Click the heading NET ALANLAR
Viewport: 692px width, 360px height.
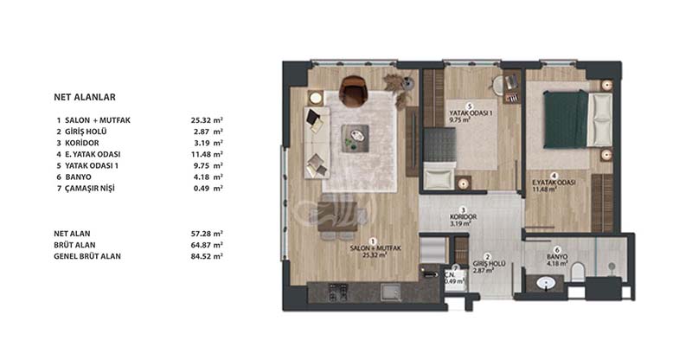tap(85, 97)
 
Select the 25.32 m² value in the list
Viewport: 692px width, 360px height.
tap(207, 120)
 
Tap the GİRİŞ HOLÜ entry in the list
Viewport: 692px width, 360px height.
tap(86, 132)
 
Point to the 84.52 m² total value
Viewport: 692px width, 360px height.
tap(207, 256)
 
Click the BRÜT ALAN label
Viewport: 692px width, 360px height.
tap(74, 245)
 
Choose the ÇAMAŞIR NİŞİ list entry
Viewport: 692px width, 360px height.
tap(90, 189)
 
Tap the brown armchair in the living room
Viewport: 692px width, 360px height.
tap(353, 91)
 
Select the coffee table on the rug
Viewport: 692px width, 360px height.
tap(356, 138)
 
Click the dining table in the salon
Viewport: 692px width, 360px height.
tap(337, 217)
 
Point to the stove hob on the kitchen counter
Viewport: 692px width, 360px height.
tap(338, 292)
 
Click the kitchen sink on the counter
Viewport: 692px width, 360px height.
tap(391, 292)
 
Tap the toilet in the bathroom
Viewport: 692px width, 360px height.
tap(578, 272)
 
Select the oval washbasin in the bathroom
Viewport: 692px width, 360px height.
tap(547, 283)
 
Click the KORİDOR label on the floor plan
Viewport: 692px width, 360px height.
tap(463, 217)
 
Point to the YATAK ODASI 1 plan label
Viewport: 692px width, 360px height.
tap(471, 113)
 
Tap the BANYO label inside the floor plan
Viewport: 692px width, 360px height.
tap(557, 257)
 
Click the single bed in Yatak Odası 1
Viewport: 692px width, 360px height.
tap(439, 158)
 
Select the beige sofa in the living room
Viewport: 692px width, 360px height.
tap(317, 142)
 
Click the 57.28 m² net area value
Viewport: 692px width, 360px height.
tap(207, 234)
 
